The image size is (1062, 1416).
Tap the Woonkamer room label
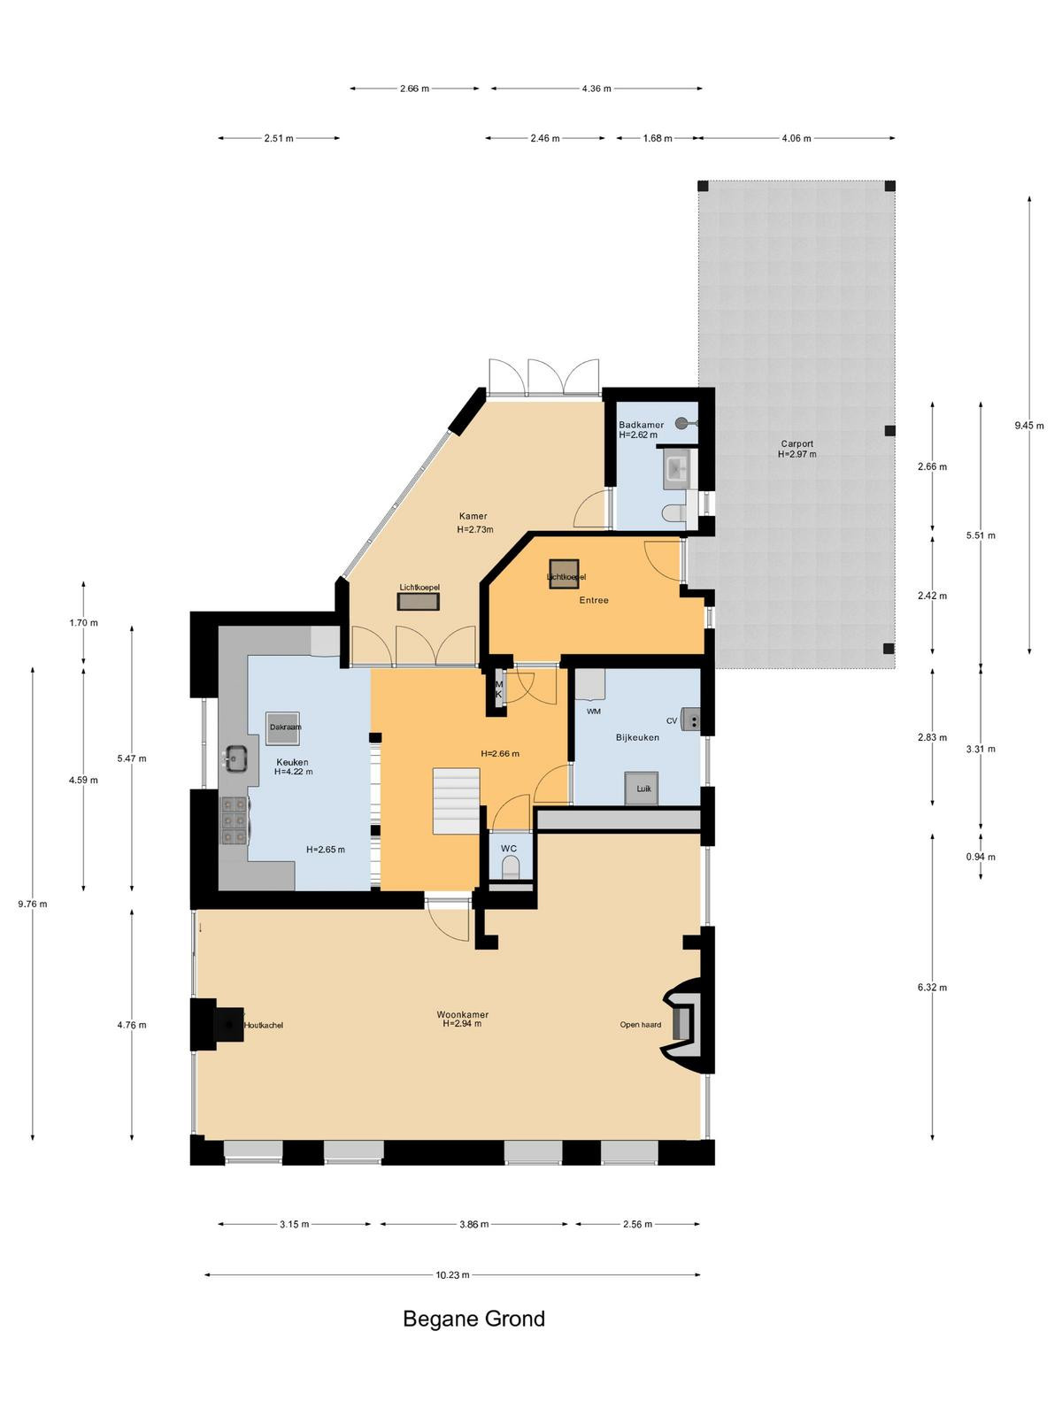click(462, 1014)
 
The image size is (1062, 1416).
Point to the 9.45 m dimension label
click(1029, 425)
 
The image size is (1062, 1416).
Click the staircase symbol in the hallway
click(457, 801)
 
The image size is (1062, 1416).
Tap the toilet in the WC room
click(511, 867)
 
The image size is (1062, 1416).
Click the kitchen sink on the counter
click(236, 758)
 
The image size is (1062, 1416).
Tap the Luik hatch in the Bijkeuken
click(642, 789)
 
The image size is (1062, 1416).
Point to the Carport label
click(797, 444)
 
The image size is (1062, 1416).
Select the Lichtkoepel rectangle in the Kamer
click(419, 601)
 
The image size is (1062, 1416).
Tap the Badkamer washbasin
click(677, 468)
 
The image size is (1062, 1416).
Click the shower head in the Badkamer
click(681, 423)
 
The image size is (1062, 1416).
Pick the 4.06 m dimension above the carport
click(796, 138)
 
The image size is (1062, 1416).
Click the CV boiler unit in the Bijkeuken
click(691, 719)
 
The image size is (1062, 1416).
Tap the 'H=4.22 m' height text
click(294, 772)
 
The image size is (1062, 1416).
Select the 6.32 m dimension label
click(933, 988)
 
